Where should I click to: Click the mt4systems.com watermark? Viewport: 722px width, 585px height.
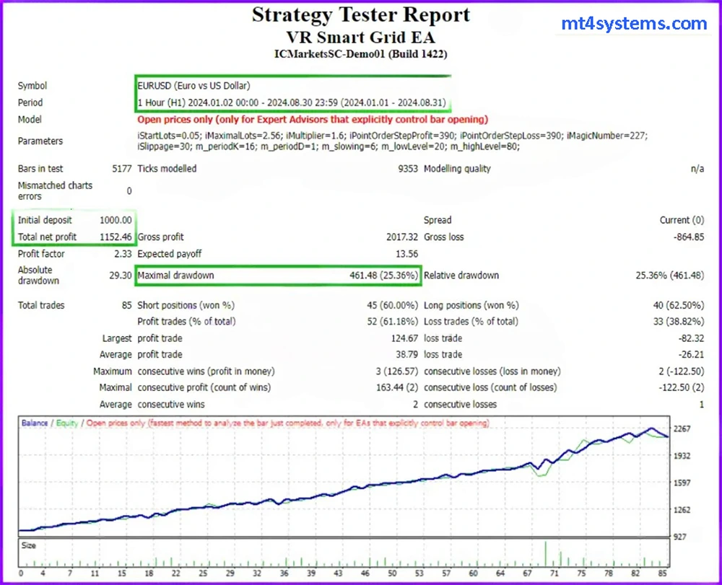point(634,24)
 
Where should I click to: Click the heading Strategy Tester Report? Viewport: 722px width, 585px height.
point(361,15)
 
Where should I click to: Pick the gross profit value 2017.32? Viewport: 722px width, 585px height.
point(402,237)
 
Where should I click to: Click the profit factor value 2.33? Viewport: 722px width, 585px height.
point(121,254)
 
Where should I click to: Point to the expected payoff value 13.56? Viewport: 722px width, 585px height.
point(406,254)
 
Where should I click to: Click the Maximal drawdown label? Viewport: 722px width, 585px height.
point(175,276)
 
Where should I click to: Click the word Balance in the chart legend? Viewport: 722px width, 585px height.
point(35,423)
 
